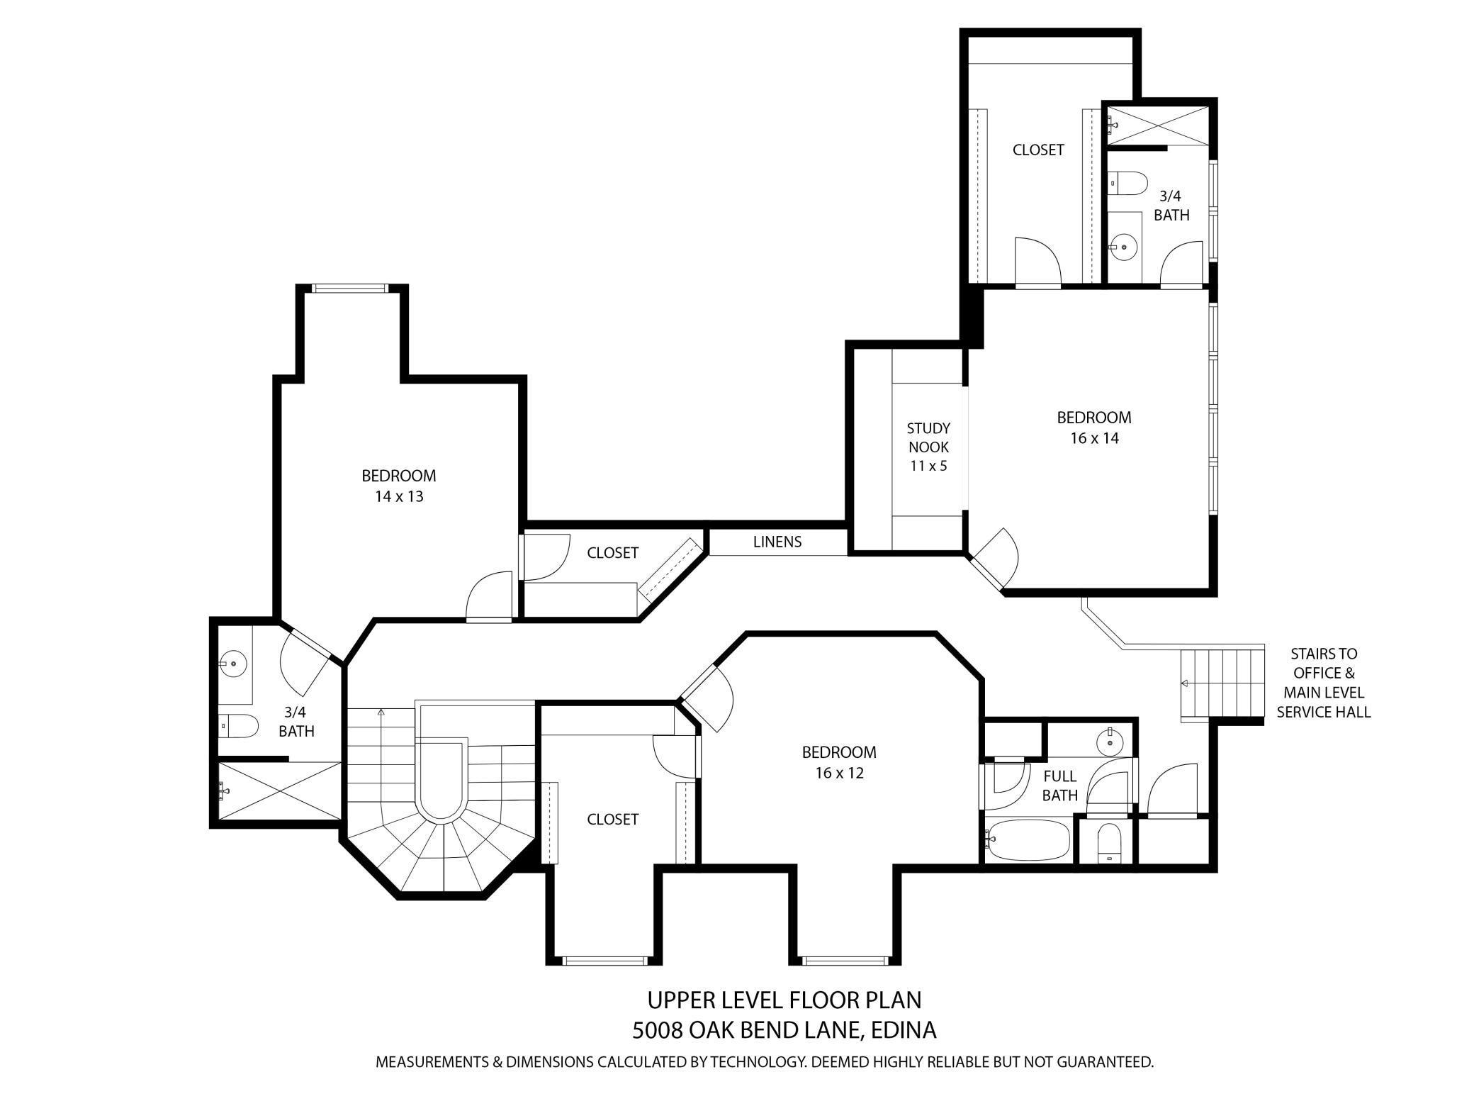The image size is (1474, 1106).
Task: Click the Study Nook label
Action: point(928,447)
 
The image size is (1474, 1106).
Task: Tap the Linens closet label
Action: point(777,542)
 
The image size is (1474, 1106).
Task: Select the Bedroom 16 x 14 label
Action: point(1093,428)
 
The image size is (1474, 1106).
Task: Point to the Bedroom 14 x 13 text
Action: point(398,486)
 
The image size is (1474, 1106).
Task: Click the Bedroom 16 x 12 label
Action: point(839,762)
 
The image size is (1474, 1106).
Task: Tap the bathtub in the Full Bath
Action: point(1028,840)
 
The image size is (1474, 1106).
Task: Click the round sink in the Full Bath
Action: point(1109,743)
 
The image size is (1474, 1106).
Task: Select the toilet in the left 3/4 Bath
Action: point(238,725)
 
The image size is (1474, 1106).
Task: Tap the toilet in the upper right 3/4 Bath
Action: point(1127,184)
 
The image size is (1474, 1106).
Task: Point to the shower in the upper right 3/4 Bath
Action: point(1159,126)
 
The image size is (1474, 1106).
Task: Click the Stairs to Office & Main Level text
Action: point(1323,683)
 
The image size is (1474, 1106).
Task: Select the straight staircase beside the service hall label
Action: point(1222,683)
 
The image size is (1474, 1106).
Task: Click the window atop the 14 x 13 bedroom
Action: point(351,288)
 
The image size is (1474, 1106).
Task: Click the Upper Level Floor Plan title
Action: point(784,1000)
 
